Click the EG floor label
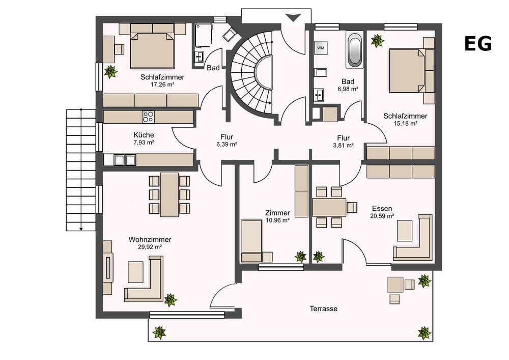coord(478,44)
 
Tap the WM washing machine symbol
coord(321,48)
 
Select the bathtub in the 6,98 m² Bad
coord(354,50)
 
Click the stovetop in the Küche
coord(148,117)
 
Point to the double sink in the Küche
coord(125,160)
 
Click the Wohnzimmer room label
coord(150,239)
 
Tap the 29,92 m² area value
coord(150,247)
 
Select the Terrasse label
coord(323,309)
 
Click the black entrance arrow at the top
coord(293,17)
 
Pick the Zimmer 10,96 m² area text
coord(277,220)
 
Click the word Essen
coord(382,208)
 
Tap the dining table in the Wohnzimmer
coord(169,195)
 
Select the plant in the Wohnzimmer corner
coord(171,300)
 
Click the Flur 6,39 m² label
coord(227,141)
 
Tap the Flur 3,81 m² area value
coord(344,146)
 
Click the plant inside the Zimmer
coord(301,257)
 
